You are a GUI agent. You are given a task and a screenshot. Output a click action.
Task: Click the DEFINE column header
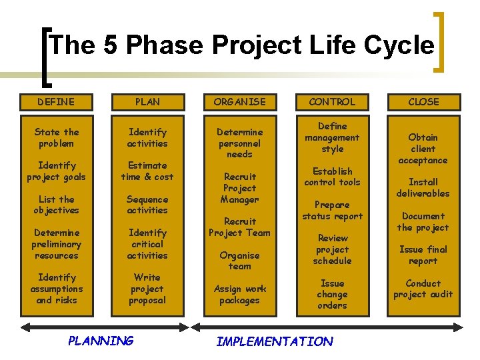pyautogui.click(x=57, y=102)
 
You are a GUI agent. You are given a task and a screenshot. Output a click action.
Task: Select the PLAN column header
pyautogui.click(x=147, y=102)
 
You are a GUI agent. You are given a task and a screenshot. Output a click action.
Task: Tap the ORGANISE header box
pyautogui.click(x=239, y=102)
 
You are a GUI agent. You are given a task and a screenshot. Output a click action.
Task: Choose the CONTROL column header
pyautogui.click(x=332, y=102)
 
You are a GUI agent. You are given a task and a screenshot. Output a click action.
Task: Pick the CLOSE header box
pyautogui.click(x=423, y=102)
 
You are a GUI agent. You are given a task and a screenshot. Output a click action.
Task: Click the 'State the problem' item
pyautogui.click(x=57, y=138)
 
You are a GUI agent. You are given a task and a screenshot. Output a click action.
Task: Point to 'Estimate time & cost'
pyautogui.click(x=147, y=171)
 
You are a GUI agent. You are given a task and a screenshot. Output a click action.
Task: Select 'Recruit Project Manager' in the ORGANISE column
pyautogui.click(x=239, y=188)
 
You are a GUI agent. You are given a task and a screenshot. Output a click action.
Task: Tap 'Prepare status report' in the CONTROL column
pyautogui.click(x=332, y=211)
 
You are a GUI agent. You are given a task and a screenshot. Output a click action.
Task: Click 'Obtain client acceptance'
pyautogui.click(x=423, y=149)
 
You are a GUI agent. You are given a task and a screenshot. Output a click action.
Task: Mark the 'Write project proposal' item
pyautogui.click(x=147, y=289)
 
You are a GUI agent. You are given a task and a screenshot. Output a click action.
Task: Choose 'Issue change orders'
pyautogui.click(x=332, y=294)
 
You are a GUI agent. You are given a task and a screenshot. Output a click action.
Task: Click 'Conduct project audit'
pyautogui.click(x=423, y=289)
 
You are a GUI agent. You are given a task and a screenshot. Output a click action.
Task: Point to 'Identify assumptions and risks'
pyautogui.click(x=57, y=289)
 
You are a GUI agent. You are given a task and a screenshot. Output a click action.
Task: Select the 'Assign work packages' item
pyautogui.click(x=239, y=294)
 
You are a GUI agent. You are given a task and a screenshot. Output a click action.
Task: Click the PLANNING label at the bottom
pyautogui.click(x=101, y=341)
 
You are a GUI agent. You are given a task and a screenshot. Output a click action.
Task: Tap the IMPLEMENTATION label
pyautogui.click(x=275, y=341)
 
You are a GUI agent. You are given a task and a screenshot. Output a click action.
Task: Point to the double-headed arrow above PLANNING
pyautogui.click(x=101, y=327)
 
